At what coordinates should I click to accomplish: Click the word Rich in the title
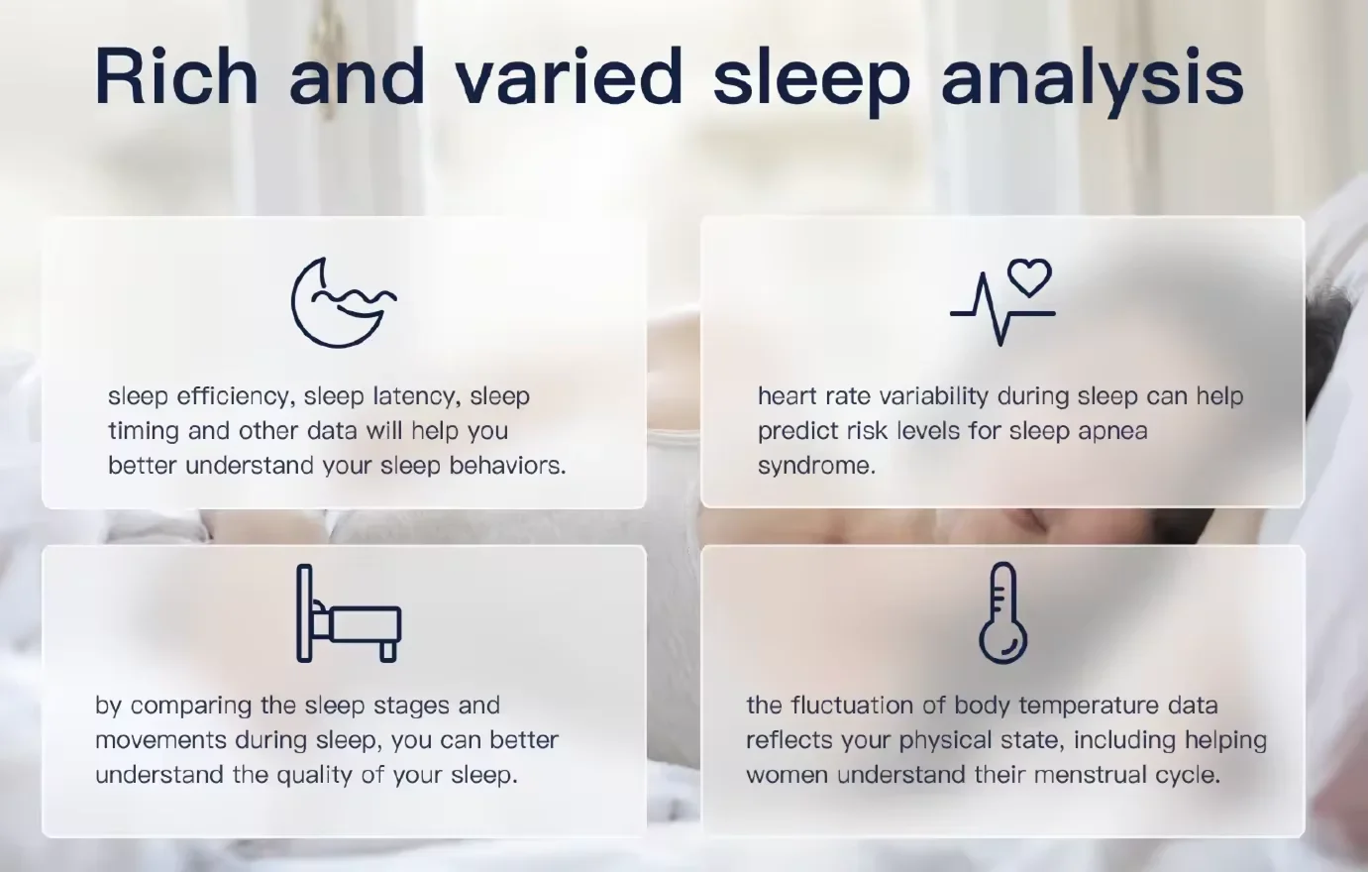(x=176, y=75)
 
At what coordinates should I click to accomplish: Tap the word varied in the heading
(x=570, y=75)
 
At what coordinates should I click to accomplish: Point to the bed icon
(x=349, y=613)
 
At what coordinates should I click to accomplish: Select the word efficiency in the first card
(x=232, y=396)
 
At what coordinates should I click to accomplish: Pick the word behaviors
(x=507, y=466)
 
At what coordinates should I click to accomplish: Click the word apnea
(x=1108, y=432)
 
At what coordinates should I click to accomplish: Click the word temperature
(x=1089, y=707)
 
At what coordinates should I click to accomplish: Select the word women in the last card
(x=787, y=776)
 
